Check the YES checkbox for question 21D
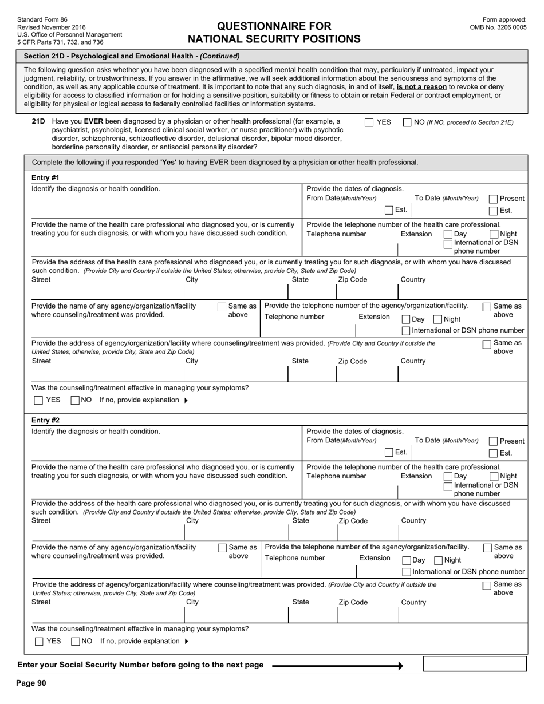point(369,122)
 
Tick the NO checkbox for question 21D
point(407,122)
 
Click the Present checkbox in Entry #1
point(493,199)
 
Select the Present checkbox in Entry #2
point(493,441)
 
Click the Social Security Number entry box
point(474,664)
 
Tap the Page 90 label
point(31,683)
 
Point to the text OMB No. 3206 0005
point(498,27)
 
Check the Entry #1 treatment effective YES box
point(38,400)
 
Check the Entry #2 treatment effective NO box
point(76,642)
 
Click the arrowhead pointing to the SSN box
point(401,666)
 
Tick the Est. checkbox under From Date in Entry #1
point(389,210)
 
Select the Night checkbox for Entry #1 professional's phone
point(494,234)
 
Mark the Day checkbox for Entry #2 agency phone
point(407,561)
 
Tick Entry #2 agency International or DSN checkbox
point(407,572)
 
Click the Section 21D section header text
point(132,56)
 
